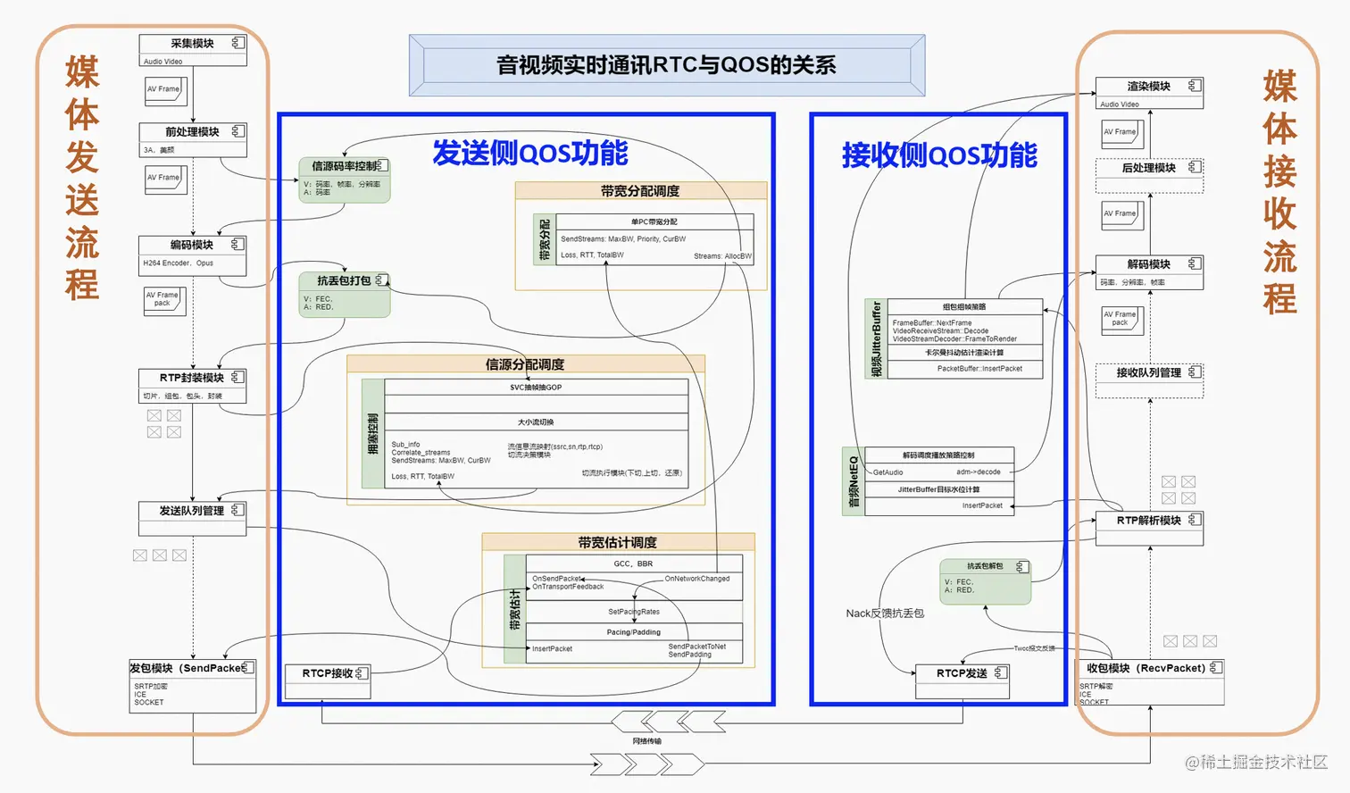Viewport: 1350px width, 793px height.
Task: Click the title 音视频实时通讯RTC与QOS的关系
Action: (666, 65)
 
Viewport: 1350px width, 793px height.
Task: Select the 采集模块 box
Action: (192, 50)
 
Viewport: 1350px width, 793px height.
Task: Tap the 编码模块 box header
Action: (192, 245)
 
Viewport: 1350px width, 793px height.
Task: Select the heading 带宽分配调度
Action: (640, 191)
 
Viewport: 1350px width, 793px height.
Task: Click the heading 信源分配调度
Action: (525, 364)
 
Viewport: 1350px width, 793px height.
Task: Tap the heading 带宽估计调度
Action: (617, 542)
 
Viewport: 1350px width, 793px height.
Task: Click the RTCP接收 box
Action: (327, 681)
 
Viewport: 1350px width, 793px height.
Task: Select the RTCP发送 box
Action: (962, 681)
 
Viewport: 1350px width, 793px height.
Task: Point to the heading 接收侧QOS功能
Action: (938, 155)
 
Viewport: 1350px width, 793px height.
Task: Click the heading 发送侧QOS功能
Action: (529, 153)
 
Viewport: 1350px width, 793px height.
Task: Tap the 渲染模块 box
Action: (1149, 93)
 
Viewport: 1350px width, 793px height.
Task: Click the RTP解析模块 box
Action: (1149, 528)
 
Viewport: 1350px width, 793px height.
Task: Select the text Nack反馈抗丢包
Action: (885, 614)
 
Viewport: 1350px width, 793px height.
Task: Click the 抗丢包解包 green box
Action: (985, 581)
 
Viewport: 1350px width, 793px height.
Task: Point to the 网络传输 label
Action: (647, 741)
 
